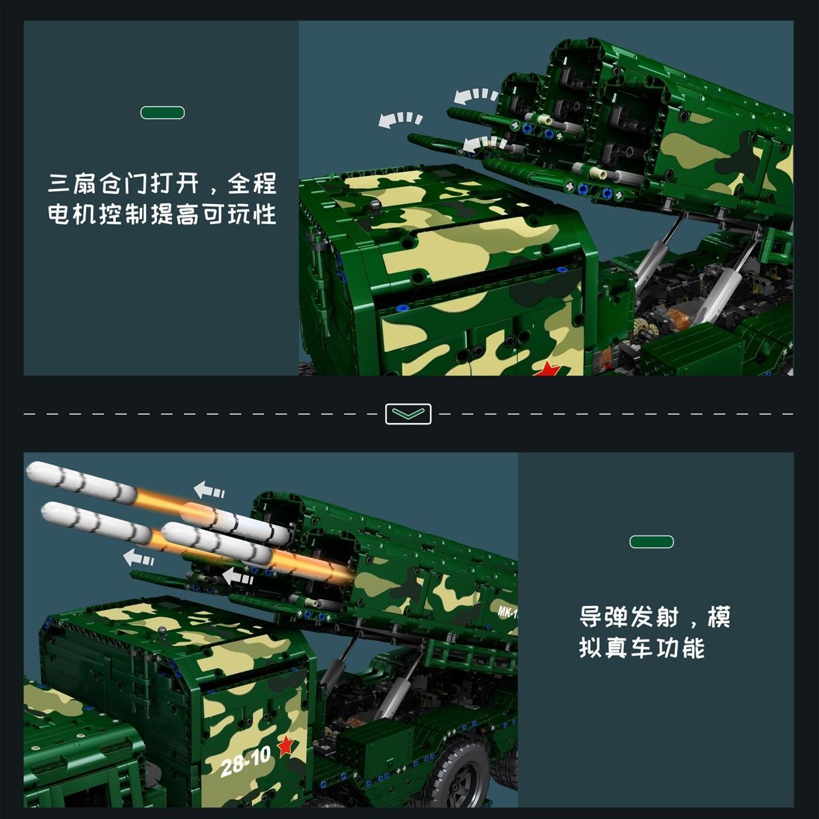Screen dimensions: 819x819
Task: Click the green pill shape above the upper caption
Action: coord(162,113)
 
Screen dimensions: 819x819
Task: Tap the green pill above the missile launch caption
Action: coord(652,542)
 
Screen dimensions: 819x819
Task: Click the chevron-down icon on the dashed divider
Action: coord(408,414)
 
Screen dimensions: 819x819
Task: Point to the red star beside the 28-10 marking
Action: coord(285,747)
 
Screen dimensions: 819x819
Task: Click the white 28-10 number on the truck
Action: coord(246,761)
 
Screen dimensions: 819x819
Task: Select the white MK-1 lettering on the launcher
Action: coord(508,612)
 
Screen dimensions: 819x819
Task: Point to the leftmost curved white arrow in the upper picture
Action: coord(400,119)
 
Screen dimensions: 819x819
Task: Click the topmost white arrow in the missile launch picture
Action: coord(209,489)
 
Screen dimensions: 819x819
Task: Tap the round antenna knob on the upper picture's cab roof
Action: coord(376,207)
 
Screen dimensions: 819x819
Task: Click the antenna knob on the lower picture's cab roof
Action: coord(162,631)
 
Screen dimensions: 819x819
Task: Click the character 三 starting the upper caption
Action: coord(59,183)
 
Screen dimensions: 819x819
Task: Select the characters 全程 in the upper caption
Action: coord(252,183)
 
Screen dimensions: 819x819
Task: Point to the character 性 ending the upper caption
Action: coord(266,214)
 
